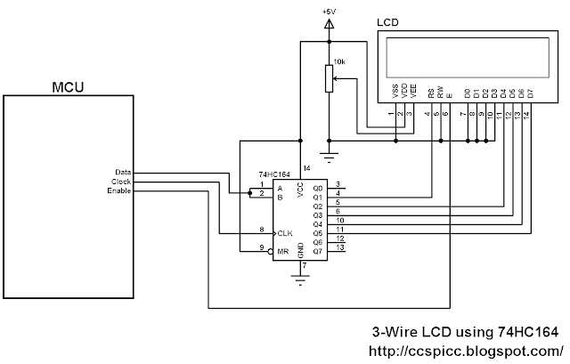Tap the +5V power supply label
coord(329,12)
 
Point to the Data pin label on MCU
coord(123,172)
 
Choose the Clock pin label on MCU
coord(121,182)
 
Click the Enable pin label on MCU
coord(119,191)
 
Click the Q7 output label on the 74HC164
coord(317,252)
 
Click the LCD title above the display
coord(387,20)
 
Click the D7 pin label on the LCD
coord(528,92)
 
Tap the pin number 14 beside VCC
coord(307,168)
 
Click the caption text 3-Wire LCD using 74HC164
coord(471,331)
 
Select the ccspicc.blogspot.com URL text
coord(467,349)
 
